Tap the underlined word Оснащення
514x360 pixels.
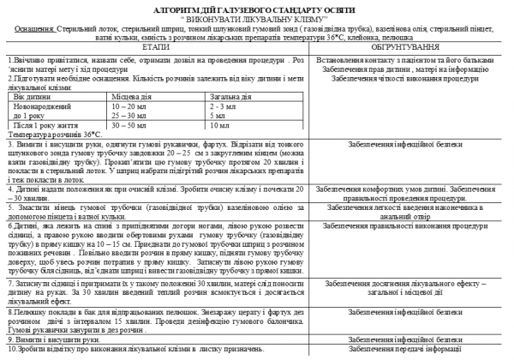coord(28,26)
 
